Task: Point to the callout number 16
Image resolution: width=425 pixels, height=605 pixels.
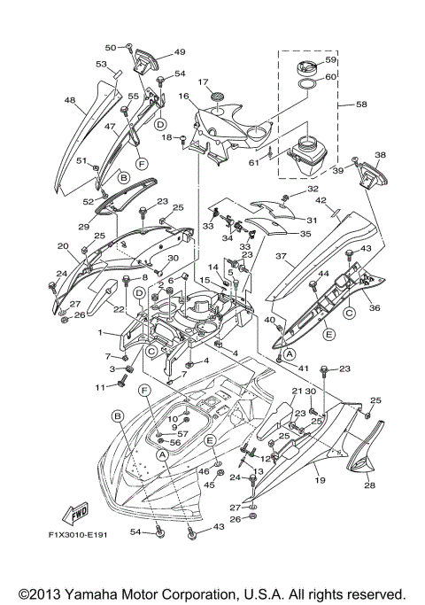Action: pos(184,97)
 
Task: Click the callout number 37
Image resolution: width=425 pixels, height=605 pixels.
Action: pos(282,257)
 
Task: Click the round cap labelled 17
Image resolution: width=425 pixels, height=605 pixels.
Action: pos(214,96)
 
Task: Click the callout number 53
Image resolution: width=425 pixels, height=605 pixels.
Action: pos(101,64)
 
